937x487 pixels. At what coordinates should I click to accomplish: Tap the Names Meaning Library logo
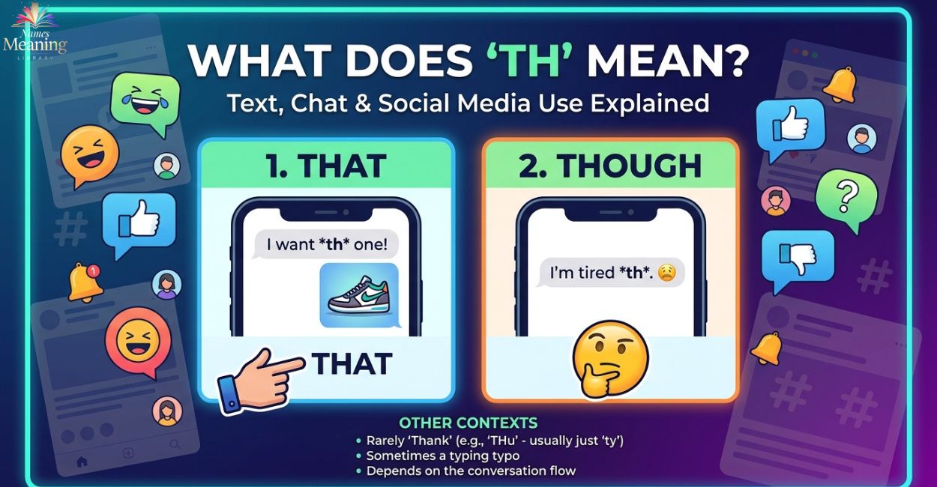pyautogui.click(x=34, y=34)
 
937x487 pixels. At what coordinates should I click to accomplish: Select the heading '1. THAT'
pyautogui.click(x=326, y=166)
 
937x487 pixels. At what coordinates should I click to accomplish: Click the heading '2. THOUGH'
pyautogui.click(x=610, y=166)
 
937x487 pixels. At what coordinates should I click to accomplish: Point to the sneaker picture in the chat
pyautogui.click(x=359, y=295)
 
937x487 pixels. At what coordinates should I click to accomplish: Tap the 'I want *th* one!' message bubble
pyautogui.click(x=326, y=244)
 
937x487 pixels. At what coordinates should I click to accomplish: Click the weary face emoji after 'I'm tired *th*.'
pyautogui.click(x=667, y=273)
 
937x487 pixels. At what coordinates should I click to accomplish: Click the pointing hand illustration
pyautogui.click(x=259, y=381)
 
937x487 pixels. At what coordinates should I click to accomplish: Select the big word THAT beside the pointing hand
pyautogui.click(x=352, y=363)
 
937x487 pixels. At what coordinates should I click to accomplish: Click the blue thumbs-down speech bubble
pyautogui.click(x=798, y=259)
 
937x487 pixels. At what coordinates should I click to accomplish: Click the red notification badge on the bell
pyautogui.click(x=94, y=271)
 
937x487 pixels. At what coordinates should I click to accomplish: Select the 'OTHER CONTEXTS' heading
pyautogui.click(x=468, y=423)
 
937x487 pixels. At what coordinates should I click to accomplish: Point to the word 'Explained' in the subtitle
pyautogui.click(x=650, y=103)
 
